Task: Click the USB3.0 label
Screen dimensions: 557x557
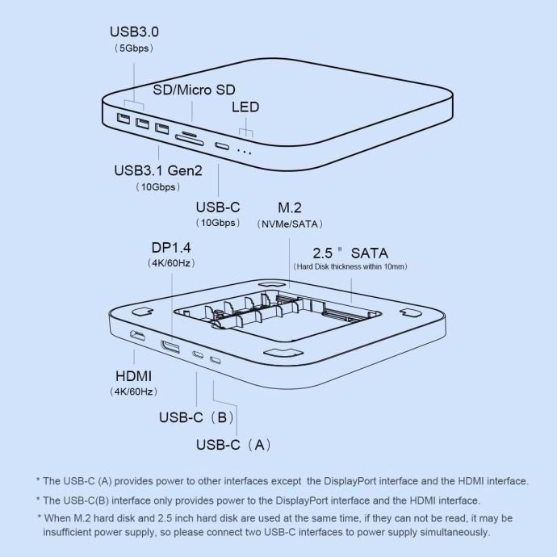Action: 134,31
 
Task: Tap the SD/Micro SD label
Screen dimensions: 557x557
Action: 194,90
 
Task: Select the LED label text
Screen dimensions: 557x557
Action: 245,107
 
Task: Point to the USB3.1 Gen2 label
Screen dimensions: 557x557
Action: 158,170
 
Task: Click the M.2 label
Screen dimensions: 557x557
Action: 290,207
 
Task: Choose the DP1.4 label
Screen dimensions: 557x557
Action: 171,248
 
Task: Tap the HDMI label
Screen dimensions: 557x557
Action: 133,376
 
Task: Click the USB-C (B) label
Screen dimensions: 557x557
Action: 196,417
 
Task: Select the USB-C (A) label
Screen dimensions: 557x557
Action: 234,445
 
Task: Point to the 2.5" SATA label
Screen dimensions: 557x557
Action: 350,253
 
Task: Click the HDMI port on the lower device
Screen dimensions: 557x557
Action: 137,336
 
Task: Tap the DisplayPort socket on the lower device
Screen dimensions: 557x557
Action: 170,346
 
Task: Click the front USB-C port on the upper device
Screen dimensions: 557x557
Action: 222,145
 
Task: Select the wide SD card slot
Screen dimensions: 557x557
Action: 190,140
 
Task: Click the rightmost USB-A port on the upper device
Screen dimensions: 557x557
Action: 162,128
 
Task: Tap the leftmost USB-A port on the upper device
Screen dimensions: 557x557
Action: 124,119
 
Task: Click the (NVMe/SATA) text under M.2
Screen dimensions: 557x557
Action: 290,224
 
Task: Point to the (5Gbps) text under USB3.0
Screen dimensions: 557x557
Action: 134,48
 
